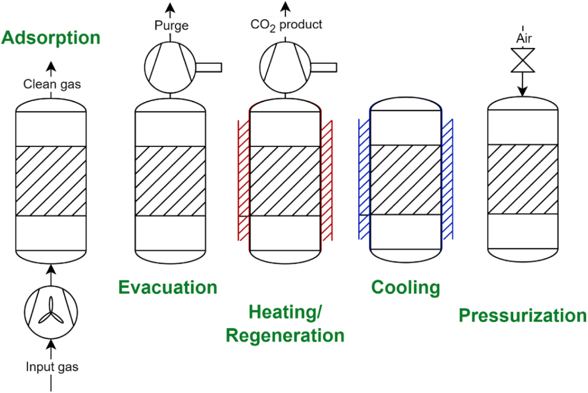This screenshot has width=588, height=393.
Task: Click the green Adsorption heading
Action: [x=51, y=38]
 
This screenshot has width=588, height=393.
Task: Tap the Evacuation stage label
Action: [x=168, y=287]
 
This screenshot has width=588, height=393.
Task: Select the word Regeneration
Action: [x=285, y=335]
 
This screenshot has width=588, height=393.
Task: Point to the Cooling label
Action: [x=405, y=287]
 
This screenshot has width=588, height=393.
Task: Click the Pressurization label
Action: [x=523, y=315]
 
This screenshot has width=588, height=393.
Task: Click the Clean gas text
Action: [x=52, y=84]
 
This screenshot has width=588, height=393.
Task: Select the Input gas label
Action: [x=52, y=367]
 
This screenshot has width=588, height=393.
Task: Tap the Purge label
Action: [x=171, y=25]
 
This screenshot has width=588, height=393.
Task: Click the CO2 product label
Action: [x=286, y=25]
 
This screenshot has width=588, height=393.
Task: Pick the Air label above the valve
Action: [x=524, y=38]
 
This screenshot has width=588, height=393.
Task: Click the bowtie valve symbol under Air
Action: [x=523, y=60]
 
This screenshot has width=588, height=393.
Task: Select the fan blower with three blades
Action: [x=51, y=312]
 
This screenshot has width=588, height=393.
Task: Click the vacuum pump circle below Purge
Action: [x=170, y=67]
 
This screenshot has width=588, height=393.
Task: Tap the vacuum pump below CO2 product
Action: [x=285, y=67]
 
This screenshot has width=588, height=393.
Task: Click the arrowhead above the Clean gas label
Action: [x=51, y=66]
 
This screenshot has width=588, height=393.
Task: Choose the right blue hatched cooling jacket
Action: [x=447, y=179]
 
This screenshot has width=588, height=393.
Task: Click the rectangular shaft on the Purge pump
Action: [x=209, y=67]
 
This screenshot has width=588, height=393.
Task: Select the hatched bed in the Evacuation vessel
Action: [x=170, y=181]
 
